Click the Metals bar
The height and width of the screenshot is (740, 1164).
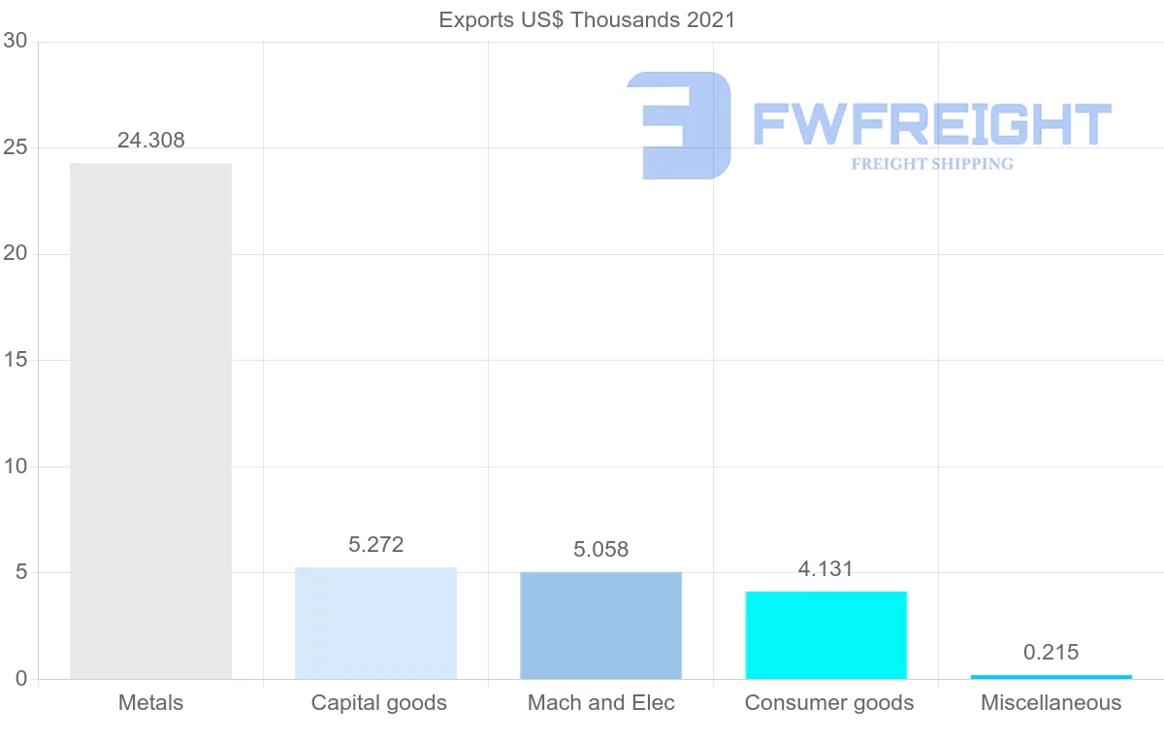pyautogui.click(x=150, y=421)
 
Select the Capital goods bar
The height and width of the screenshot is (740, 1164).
pyautogui.click(x=375, y=623)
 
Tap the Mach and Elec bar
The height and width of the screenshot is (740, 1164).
pyautogui.click(x=600, y=626)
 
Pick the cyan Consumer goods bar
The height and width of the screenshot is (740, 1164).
pyautogui.click(x=825, y=635)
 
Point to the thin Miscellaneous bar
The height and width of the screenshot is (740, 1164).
pyautogui.click(x=1051, y=676)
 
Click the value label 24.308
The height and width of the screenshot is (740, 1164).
pyautogui.click(x=150, y=141)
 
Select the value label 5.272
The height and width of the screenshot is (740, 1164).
pyautogui.click(x=375, y=545)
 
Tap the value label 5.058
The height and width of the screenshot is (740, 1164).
pyautogui.click(x=600, y=550)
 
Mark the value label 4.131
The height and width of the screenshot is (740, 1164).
pyautogui.click(x=825, y=569)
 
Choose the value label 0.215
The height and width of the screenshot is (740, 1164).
pyautogui.click(x=1051, y=653)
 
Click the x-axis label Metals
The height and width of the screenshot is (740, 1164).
pyautogui.click(x=150, y=703)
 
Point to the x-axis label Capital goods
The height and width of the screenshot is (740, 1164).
pyautogui.click(x=378, y=703)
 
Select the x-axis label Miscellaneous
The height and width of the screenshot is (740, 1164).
pyautogui.click(x=1051, y=703)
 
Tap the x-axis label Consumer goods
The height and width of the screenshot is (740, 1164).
pyautogui.click(x=828, y=703)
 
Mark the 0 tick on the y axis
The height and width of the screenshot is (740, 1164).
pyautogui.click(x=20, y=679)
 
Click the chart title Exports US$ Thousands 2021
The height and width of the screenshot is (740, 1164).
pyautogui.click(x=587, y=19)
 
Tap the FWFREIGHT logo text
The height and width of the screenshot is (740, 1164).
pyautogui.click(x=931, y=124)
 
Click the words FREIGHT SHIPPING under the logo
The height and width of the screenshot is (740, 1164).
pyautogui.click(x=931, y=164)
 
